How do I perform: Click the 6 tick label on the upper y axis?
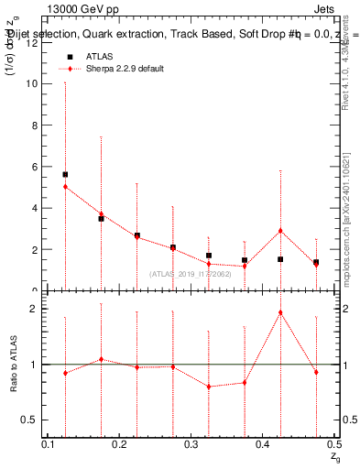(x=37, y=167)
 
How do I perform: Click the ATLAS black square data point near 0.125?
(x=65, y=174)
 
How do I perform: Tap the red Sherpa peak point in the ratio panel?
(x=280, y=312)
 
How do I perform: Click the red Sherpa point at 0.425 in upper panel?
(x=280, y=231)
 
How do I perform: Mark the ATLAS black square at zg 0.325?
(x=209, y=256)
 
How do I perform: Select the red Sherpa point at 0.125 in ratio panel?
(x=65, y=373)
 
